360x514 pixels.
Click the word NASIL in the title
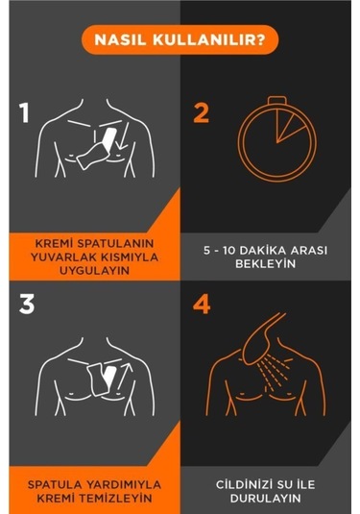120,40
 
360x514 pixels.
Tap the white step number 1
24,112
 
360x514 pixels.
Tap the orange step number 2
202,113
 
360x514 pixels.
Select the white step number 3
27,305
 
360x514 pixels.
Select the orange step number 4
202,305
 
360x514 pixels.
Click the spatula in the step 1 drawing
97,149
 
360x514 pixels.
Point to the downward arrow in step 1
123,136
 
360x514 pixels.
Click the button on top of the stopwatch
277,100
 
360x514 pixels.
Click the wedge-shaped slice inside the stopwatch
287,126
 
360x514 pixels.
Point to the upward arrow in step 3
125,377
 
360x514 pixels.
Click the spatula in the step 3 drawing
101,379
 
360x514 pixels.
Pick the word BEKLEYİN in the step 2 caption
265,264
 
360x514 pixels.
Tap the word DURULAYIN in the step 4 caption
265,499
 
